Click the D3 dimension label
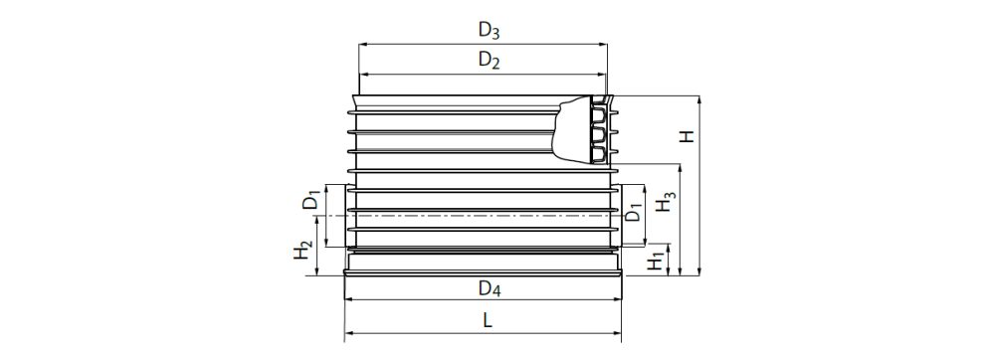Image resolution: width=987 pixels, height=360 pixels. coord(488,30)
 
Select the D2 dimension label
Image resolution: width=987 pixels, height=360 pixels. coord(488,61)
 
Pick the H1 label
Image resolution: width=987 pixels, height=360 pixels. coord(654,263)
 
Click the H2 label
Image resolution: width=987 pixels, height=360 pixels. coord(303,252)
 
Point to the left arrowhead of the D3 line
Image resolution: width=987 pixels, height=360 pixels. coord(362,44)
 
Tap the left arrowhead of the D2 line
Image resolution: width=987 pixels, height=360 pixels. coord(362,75)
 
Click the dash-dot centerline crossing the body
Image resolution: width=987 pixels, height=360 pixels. coord(478,216)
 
